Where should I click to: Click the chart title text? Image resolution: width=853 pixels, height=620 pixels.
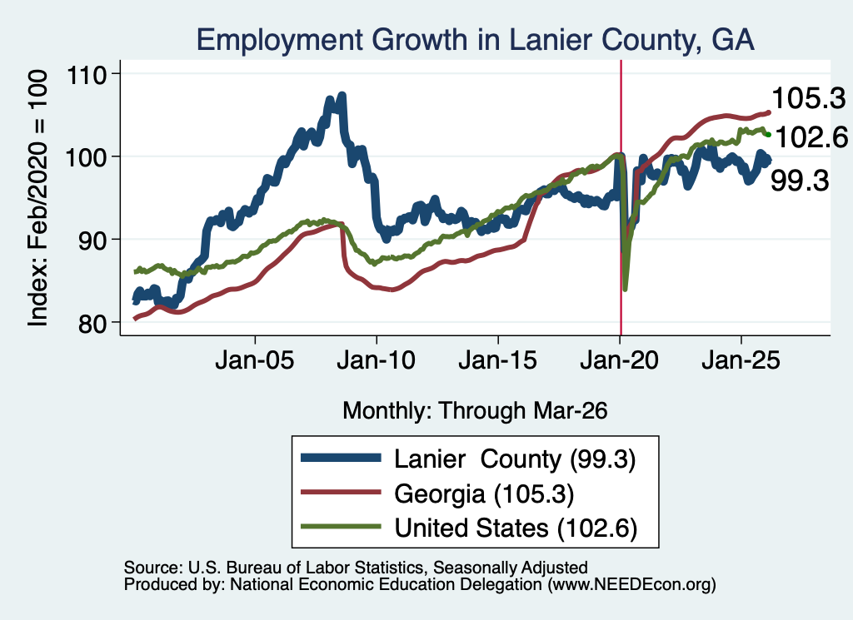pos(475,40)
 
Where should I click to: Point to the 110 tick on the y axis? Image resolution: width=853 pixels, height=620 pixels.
pos(86,74)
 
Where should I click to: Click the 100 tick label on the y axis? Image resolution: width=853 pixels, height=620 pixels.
pos(86,157)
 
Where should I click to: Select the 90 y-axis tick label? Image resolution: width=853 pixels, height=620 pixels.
pos(92,241)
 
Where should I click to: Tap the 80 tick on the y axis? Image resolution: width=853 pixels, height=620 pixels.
pos(92,323)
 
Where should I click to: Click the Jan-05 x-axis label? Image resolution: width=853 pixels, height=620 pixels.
pos(255,360)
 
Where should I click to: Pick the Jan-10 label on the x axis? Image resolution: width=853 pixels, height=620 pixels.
pos(376,360)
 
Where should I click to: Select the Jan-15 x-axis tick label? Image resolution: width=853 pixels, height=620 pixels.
pos(498,360)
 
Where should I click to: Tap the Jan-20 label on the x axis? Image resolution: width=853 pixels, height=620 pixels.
pos(619,360)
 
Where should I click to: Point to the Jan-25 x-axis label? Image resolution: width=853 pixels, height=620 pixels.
pos(741,360)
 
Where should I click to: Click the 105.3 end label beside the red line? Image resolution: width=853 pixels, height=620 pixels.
pos(808,99)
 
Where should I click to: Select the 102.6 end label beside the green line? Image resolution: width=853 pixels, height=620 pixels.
pos(811,137)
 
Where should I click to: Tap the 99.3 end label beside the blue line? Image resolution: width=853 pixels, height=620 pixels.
pos(800,181)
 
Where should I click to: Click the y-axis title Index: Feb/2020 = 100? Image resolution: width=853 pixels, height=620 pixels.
pos(37,198)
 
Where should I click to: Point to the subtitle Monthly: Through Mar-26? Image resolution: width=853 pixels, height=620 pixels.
pos(475,411)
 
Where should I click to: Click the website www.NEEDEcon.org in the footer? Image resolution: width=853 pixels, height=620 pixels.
pos(631,585)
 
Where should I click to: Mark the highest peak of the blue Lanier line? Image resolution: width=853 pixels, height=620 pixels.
pos(342,97)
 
